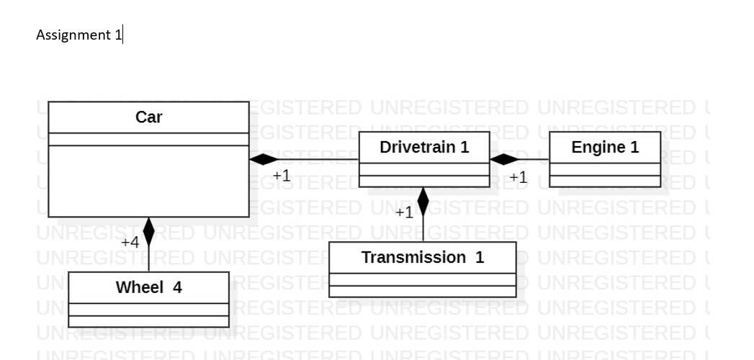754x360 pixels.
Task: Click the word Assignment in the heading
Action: tap(73, 35)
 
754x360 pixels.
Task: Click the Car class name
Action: tap(149, 117)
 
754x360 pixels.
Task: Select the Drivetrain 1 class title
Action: tap(424, 147)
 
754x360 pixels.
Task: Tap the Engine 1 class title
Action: tap(605, 147)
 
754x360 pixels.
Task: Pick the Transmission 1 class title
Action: tap(423, 257)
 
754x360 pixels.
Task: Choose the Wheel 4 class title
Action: tap(149, 287)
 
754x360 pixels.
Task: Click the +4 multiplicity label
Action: tap(130, 242)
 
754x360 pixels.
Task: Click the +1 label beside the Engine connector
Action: tap(518, 176)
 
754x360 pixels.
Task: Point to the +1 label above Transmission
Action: tap(405, 212)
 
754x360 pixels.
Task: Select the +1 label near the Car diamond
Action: tap(282, 175)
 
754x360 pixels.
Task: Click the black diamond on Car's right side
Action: tap(264, 159)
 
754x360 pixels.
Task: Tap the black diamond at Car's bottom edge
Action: tap(149, 232)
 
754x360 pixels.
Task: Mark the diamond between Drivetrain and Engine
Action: tap(504, 159)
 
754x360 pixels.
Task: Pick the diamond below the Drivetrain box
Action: tap(423, 202)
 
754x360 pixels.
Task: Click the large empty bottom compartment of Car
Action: tap(149, 180)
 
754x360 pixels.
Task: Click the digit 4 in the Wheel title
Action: tap(177, 287)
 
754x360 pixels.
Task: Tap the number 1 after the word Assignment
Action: tap(118, 35)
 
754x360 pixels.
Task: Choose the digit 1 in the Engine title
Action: tap(634, 147)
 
